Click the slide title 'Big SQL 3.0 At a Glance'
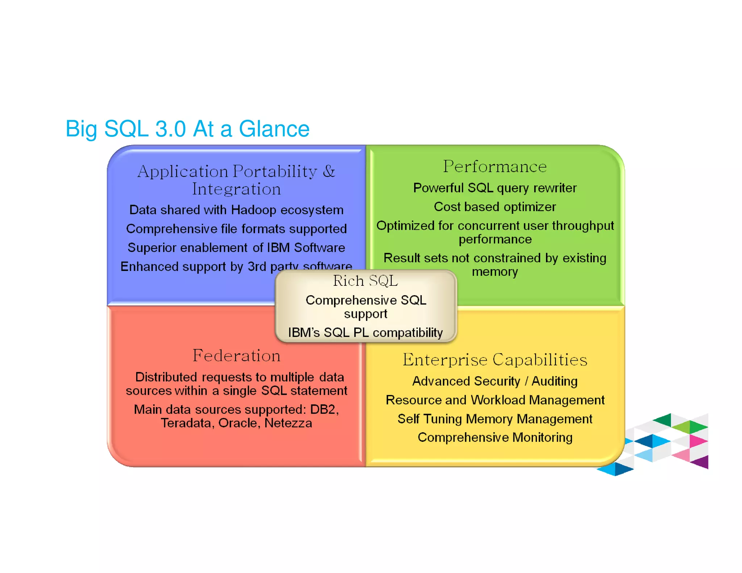point(187,129)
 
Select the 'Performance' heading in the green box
point(495,167)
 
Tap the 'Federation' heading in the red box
point(236,356)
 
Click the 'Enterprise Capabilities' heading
point(495,360)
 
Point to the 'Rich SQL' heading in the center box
point(365,281)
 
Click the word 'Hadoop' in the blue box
point(254,210)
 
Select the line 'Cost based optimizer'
point(495,207)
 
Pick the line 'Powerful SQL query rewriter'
point(495,188)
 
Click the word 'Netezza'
point(288,423)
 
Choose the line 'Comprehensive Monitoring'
point(495,438)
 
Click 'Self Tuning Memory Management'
point(495,419)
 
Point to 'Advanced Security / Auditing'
point(495,381)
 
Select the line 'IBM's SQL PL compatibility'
point(365,332)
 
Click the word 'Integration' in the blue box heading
point(236,189)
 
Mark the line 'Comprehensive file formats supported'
point(236,229)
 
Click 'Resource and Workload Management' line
point(495,400)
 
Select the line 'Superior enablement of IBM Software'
point(236,248)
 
